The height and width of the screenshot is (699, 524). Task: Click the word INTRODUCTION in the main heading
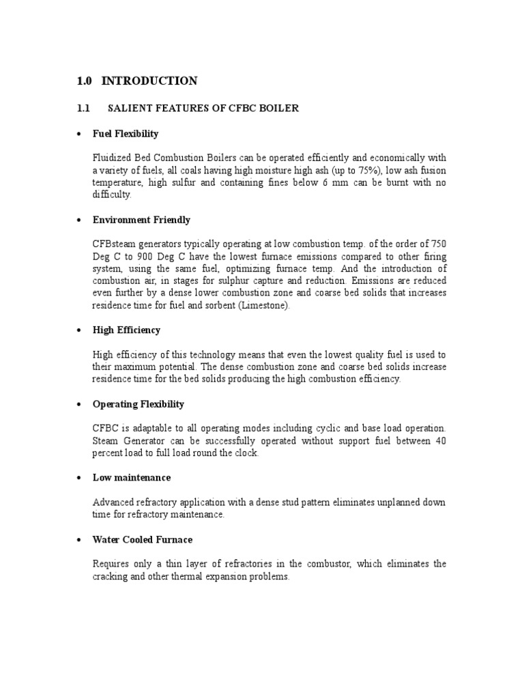tap(149, 81)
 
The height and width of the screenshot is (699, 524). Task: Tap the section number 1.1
tap(83, 109)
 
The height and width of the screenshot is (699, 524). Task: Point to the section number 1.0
tap(84, 81)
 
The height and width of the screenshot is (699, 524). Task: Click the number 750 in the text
tap(437, 244)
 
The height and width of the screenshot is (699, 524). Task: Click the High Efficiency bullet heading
tap(126, 330)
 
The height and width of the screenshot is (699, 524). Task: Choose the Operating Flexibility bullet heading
tap(139, 404)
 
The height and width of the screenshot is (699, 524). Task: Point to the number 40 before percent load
tap(440, 441)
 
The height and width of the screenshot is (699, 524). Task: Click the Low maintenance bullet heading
tap(132, 478)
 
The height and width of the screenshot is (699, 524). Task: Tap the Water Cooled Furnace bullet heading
tap(143, 540)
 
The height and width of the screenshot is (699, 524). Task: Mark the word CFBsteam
tap(113, 244)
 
